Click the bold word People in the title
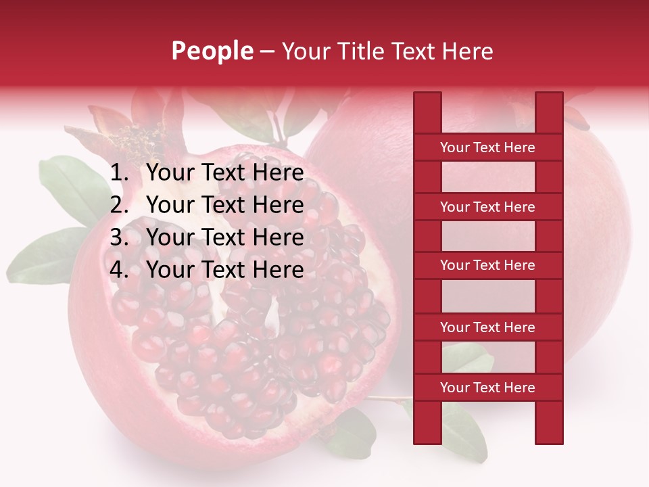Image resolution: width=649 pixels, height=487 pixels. tap(212, 51)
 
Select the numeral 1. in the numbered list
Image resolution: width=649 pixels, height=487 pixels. tap(119, 173)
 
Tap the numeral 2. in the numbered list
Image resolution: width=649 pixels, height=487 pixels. tap(119, 205)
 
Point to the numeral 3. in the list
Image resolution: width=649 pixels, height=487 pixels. tap(119, 237)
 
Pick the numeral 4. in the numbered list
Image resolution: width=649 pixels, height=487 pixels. tap(119, 270)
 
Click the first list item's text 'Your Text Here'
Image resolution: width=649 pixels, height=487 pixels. tap(224, 173)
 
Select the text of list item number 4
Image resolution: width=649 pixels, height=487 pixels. tap(224, 270)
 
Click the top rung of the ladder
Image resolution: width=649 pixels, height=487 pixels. tap(487, 147)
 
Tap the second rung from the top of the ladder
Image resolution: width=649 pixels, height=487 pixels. tap(487, 207)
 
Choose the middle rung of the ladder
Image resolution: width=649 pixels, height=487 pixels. tap(487, 266)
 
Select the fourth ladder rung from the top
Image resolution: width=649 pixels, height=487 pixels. tap(487, 327)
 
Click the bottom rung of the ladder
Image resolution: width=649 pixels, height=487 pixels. tap(487, 388)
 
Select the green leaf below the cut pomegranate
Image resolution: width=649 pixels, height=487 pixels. tap(352, 433)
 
